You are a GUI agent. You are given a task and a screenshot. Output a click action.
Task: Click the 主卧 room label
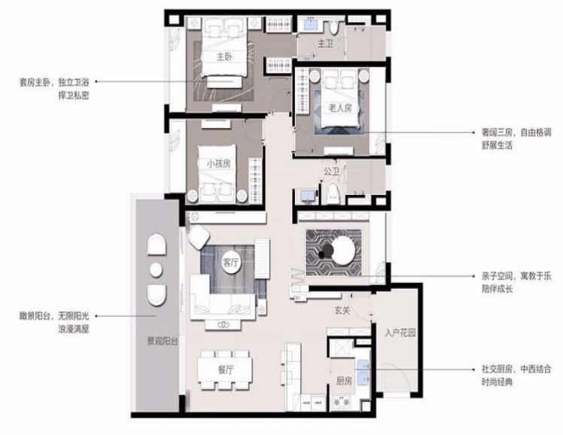click(x=224, y=56)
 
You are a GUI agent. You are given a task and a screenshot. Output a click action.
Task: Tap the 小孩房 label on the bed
click(x=218, y=164)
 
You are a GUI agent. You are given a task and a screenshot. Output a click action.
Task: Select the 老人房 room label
click(x=339, y=108)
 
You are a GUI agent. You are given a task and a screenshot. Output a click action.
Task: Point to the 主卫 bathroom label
click(x=325, y=44)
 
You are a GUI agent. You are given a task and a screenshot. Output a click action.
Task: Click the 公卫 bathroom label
click(x=331, y=172)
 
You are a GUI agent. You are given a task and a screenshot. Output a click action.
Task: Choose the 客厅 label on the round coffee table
click(x=230, y=263)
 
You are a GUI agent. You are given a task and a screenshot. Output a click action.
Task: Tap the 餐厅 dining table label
click(x=225, y=370)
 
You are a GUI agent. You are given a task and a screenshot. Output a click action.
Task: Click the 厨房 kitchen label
click(x=344, y=381)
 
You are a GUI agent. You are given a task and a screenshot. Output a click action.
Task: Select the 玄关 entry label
click(x=342, y=311)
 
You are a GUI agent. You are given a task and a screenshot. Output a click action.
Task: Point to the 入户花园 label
click(x=400, y=333)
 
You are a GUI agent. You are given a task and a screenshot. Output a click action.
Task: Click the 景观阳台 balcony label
click(x=163, y=341)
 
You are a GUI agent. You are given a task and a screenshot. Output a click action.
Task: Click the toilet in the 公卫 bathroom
click(x=333, y=194)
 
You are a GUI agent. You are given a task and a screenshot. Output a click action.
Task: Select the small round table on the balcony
click(x=156, y=269)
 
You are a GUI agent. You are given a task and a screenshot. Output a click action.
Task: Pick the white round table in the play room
click(x=344, y=250)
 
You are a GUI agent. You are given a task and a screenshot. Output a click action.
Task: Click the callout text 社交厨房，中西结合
click(x=516, y=369)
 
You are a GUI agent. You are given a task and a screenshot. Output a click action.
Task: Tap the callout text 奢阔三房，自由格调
click(x=516, y=132)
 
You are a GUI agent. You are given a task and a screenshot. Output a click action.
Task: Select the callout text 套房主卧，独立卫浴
click(x=54, y=82)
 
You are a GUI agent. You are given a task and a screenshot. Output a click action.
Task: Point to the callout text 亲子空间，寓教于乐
click(x=516, y=276)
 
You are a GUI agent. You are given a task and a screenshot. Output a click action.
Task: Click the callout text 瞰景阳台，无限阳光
click(x=54, y=316)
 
